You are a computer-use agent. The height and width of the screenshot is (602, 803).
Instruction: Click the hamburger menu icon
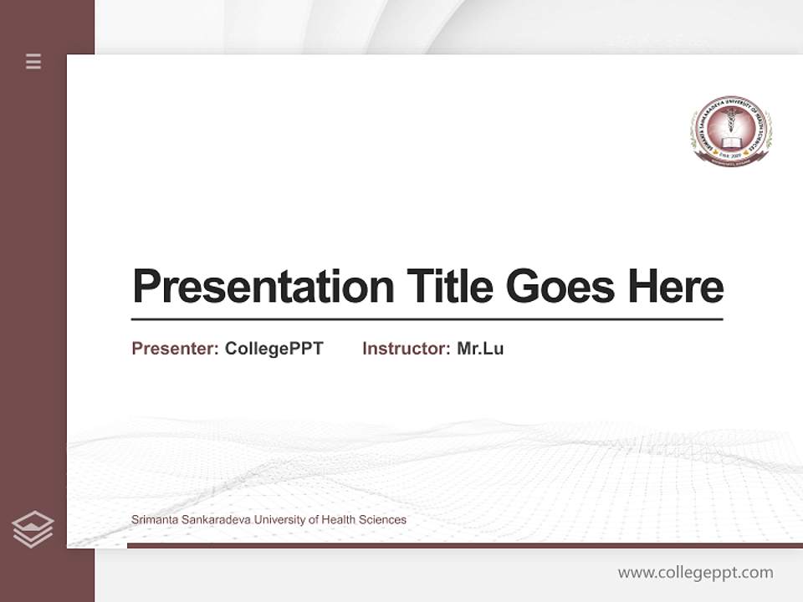click(33, 61)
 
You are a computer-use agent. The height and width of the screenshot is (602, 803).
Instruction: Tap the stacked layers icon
click(33, 529)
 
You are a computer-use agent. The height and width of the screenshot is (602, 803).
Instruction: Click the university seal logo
click(730, 129)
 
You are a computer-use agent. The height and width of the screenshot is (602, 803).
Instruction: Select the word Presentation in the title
click(263, 287)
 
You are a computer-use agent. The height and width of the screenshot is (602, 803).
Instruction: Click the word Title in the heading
click(450, 286)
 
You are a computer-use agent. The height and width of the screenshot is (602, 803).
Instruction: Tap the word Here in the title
click(675, 286)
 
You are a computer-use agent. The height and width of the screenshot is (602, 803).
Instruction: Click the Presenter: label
click(176, 349)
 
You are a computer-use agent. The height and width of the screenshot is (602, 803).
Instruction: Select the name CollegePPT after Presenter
click(274, 349)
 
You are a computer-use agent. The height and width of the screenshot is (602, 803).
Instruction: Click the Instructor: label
click(407, 349)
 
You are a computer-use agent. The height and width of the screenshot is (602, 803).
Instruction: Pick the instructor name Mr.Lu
click(480, 349)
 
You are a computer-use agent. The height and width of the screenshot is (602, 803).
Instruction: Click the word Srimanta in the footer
click(155, 520)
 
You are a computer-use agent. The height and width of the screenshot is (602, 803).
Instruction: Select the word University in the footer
click(280, 520)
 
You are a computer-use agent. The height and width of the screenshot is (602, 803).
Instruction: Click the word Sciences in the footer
click(383, 520)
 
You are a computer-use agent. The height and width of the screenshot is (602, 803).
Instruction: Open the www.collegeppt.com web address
click(695, 573)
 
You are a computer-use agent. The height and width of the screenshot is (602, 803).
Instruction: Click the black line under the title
click(427, 319)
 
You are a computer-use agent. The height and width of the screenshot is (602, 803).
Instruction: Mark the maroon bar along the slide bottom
click(464, 545)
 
